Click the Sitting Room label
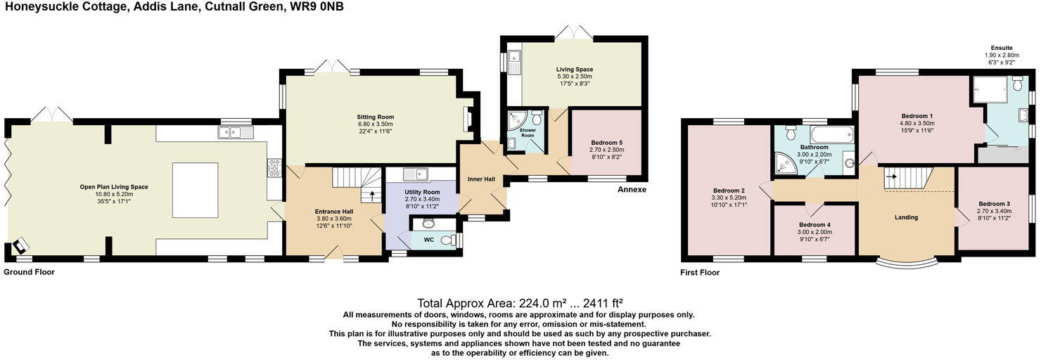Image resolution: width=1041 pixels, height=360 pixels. click(376, 117)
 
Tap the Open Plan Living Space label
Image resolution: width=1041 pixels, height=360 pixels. click(114, 187)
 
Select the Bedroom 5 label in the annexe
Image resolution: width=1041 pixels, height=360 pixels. click(606, 143)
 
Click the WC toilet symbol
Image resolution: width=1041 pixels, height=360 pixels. click(449, 240)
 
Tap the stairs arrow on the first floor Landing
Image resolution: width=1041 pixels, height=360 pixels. click(891, 176)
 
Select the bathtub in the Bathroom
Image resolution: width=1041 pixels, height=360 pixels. click(832, 135)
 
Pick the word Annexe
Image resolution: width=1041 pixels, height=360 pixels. click(632, 190)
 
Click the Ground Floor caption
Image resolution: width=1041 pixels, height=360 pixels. click(30, 272)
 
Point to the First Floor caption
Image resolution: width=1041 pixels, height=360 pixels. click(700, 273)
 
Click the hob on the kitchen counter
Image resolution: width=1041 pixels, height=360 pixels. click(274, 167)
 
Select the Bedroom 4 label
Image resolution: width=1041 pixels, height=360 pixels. click(815, 225)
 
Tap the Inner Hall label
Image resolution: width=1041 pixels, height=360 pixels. click(481, 179)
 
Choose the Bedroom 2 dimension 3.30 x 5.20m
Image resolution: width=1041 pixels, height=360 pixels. click(729, 198)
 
